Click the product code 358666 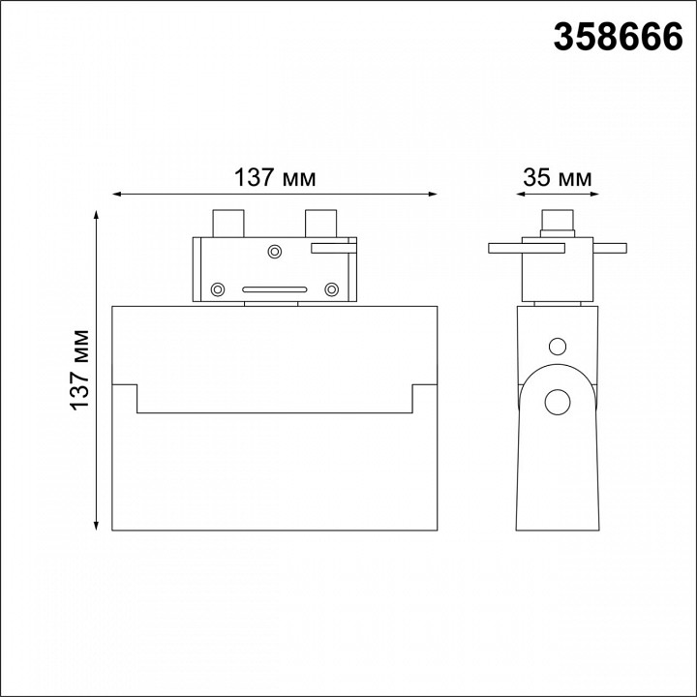coord(618,38)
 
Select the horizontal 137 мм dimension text coord(275,178)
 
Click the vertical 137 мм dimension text coord(80,370)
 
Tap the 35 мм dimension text coord(558,177)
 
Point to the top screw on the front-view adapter coord(275,252)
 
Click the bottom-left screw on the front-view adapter coord(218,289)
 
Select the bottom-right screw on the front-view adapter coord(332,289)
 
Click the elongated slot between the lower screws coord(275,289)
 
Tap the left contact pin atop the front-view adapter coord(228,224)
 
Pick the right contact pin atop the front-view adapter coord(321,224)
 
